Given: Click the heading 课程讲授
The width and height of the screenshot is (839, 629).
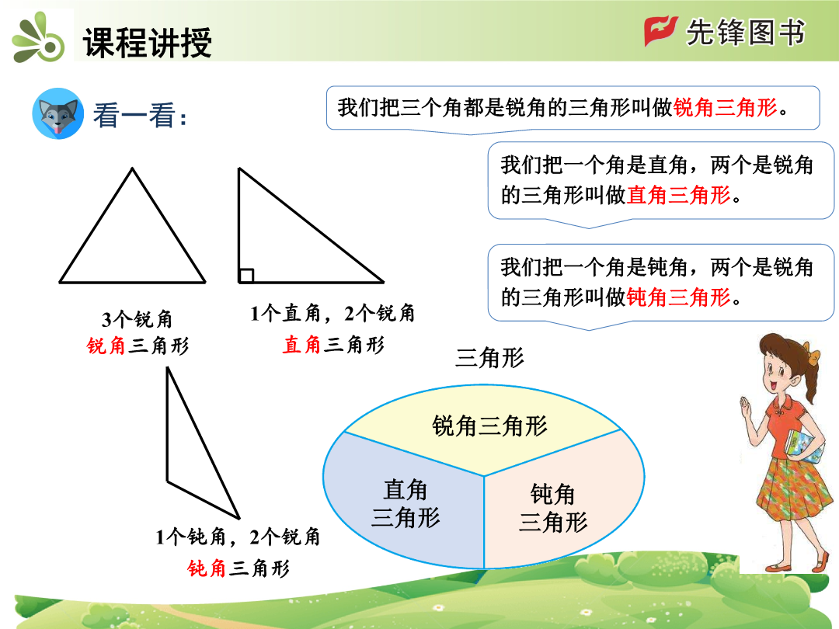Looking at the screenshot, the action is tap(147, 42).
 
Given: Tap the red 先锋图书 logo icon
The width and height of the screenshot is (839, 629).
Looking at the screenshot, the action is tap(660, 31).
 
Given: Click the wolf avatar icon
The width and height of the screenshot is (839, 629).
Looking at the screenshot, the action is tap(57, 114).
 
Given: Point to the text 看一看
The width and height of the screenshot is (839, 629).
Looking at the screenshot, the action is tap(140, 115).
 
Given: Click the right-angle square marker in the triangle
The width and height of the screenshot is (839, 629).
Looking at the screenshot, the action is tap(246, 276).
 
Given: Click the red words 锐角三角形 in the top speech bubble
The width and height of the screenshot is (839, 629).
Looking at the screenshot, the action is tap(725, 107).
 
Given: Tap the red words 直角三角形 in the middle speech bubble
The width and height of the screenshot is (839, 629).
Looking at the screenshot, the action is tap(678, 195).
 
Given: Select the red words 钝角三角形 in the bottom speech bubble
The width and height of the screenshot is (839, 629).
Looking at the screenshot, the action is tap(678, 297).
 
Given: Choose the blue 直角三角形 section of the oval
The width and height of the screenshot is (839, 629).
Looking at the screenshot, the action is tap(406, 502).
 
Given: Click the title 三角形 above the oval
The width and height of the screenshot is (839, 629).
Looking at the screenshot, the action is tap(489, 358).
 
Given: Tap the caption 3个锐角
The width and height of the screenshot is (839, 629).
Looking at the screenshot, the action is tap(137, 319).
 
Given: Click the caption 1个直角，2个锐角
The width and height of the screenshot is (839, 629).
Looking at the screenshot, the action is tap(332, 314).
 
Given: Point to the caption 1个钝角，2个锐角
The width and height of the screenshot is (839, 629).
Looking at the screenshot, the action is tap(238, 537).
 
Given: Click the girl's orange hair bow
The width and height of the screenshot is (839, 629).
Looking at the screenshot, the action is tap(813, 356).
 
